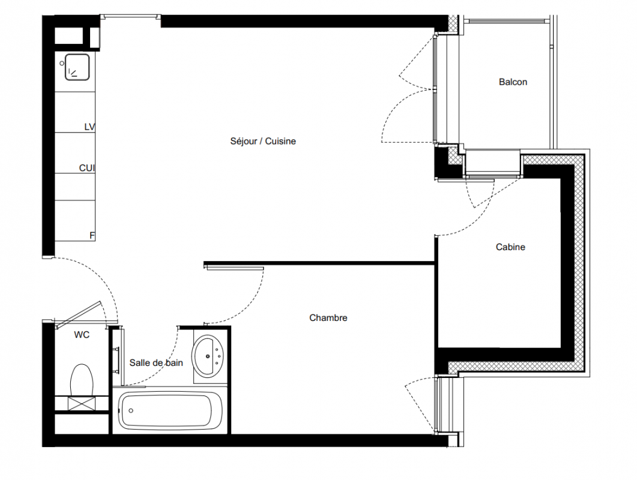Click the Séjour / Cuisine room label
click(263, 142)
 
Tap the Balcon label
click(513, 82)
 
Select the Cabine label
click(510, 247)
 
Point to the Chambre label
click(328, 317)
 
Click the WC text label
click(82, 335)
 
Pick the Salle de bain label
click(156, 362)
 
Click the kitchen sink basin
click(77, 67)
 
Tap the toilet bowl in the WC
click(82, 380)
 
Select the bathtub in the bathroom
click(171, 410)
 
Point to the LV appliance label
click(89, 127)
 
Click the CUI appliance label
click(86, 168)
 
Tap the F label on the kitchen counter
click(92, 236)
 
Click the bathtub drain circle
click(131, 410)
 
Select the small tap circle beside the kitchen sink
click(62, 64)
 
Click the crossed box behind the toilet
click(82, 404)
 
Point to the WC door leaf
click(78, 315)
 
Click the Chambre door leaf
click(234, 268)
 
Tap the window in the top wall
click(130, 17)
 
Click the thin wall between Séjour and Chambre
click(319, 263)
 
